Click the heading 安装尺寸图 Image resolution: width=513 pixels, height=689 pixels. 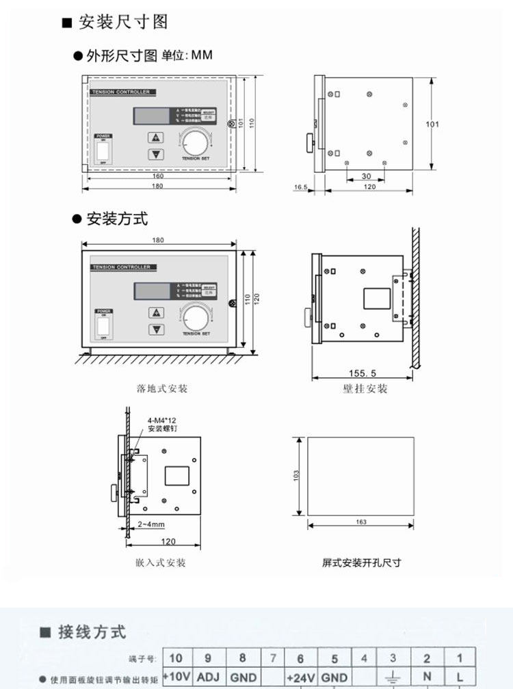pyautogui.click(x=123, y=22)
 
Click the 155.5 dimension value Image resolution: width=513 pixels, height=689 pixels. pyautogui.click(x=363, y=373)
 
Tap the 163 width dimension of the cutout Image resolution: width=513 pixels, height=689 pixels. pyautogui.click(x=361, y=522)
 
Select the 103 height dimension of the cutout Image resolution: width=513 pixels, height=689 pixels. pyautogui.click(x=295, y=476)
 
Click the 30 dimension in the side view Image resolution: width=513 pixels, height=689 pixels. pyautogui.click(x=366, y=176)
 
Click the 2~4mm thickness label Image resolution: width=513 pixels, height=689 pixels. pyautogui.click(x=150, y=524)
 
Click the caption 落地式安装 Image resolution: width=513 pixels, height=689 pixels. pyautogui.click(x=162, y=389)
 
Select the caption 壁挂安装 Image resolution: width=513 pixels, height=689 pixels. pyautogui.click(x=365, y=389)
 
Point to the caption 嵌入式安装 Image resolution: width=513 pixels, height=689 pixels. pyautogui.click(x=161, y=563)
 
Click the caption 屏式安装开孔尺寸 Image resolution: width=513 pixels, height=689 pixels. pyautogui.click(x=361, y=563)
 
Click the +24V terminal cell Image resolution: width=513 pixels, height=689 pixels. pyautogui.click(x=300, y=677)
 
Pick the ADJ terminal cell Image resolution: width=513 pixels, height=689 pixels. pyautogui.click(x=208, y=677)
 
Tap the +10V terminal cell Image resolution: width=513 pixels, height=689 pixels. pyautogui.click(x=176, y=677)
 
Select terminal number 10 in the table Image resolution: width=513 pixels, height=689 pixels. pyautogui.click(x=176, y=658)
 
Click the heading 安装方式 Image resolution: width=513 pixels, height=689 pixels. pyautogui.click(x=117, y=219)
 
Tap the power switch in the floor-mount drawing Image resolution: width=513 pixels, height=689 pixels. pyautogui.click(x=103, y=325)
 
